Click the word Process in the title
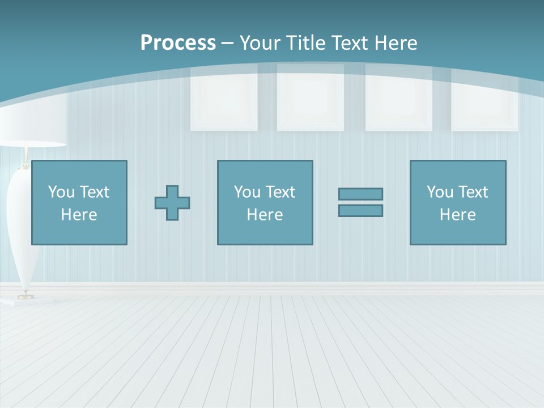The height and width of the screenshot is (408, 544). pos(178,43)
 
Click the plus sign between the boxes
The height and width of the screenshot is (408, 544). pos(172,202)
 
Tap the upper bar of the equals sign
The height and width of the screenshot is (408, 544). pos(360,194)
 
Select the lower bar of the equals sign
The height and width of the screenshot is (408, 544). pos(360,210)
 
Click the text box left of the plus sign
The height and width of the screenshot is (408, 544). pos(79,202)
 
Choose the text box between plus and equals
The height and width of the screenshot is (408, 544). pos(265,202)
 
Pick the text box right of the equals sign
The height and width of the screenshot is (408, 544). pos(458,202)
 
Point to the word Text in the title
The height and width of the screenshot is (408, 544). pos(347,43)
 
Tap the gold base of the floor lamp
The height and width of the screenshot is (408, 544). pos(25,296)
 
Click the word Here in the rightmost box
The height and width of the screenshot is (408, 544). pos(458,215)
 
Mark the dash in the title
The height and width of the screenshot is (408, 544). pos(227,43)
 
